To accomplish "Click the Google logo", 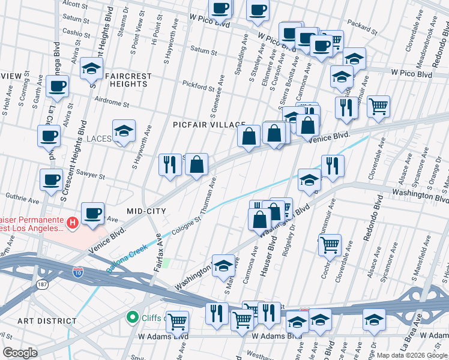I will pyautogui.click(x=20, y=353).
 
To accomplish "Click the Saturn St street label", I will pyautogui.click(x=203, y=50).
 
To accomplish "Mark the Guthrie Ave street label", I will pyautogui.click(x=22, y=196).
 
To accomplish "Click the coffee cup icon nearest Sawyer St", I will pyautogui.click(x=52, y=179).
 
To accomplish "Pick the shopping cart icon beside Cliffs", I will pyautogui.click(x=177, y=321).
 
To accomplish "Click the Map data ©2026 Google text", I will pyautogui.click(x=412, y=355).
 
